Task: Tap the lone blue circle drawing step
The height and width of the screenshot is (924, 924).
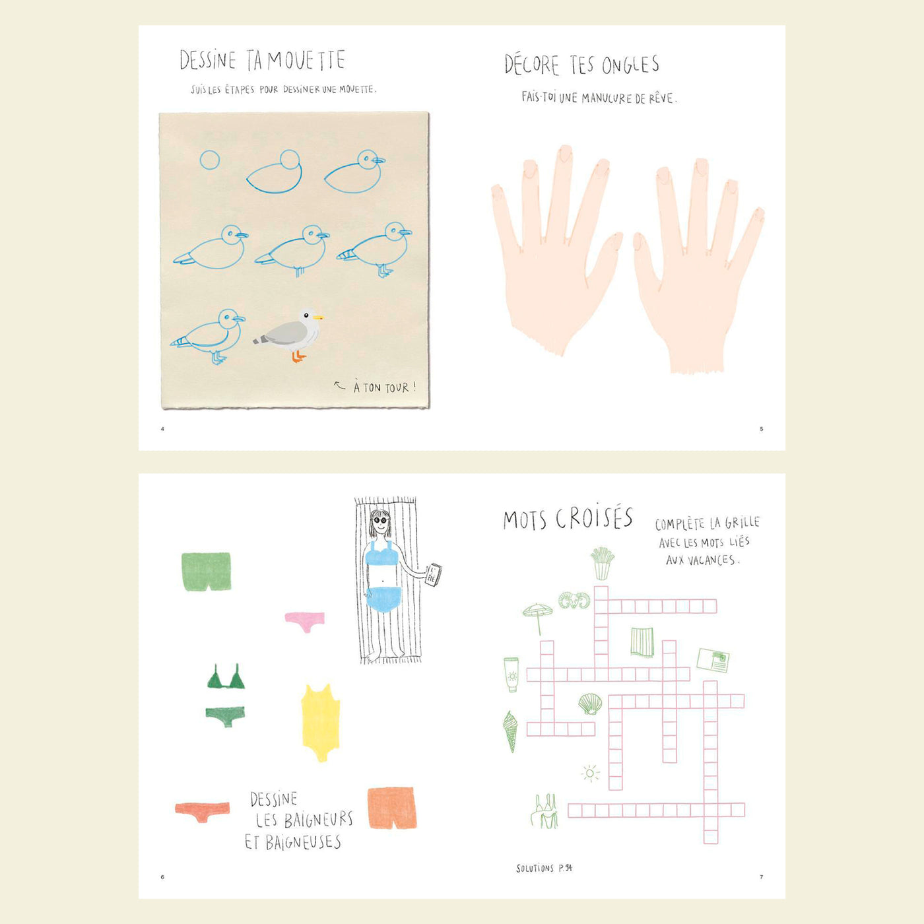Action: [x=209, y=160]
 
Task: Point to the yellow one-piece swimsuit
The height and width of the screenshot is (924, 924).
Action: [x=321, y=723]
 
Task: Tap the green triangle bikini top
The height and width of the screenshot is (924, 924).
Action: [x=226, y=677]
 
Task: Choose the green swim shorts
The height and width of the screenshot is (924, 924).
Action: [x=206, y=572]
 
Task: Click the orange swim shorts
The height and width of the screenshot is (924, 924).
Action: [x=392, y=807]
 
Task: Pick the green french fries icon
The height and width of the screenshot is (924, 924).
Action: [x=603, y=564]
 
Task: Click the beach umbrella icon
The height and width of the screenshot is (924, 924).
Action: [x=537, y=618]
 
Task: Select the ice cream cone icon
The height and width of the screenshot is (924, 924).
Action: [x=511, y=731]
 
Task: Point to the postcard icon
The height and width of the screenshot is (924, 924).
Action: [x=713, y=660]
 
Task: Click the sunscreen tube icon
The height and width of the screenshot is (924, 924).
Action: [x=511, y=674]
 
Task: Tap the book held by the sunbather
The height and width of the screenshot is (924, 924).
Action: [x=433, y=574]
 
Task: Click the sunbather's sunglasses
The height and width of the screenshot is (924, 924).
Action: [x=380, y=520]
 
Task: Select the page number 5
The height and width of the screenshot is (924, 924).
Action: [x=762, y=429]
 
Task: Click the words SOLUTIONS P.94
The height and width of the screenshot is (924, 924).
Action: [x=544, y=868]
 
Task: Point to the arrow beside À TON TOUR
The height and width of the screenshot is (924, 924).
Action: [x=339, y=385]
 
